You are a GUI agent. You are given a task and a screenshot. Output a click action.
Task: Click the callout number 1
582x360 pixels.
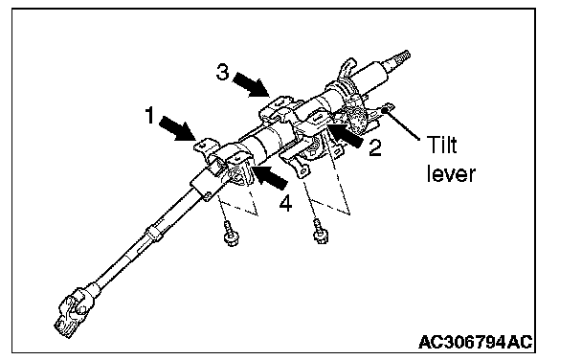149,115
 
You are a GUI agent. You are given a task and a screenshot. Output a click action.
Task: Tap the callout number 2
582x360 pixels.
375,147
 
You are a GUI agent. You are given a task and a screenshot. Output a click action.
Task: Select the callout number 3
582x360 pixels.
222,72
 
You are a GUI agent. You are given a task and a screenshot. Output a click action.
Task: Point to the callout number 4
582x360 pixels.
285,203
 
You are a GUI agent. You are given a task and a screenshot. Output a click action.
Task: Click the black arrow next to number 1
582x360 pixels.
177,128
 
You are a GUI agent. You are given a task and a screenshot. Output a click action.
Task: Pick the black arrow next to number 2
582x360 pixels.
346,135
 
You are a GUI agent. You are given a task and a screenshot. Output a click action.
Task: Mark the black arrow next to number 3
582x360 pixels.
252,84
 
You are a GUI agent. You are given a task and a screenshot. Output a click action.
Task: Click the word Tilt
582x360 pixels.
441,145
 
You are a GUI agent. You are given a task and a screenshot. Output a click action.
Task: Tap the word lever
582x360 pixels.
451,173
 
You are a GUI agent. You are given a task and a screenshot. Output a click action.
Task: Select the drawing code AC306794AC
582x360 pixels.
475,342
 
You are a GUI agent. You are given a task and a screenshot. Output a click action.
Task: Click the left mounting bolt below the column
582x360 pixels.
231,234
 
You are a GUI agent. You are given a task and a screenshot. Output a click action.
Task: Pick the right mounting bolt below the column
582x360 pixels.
320,232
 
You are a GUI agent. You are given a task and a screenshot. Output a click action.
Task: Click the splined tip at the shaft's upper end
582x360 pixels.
402,56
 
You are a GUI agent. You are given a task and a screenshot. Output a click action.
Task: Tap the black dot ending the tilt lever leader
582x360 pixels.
385,109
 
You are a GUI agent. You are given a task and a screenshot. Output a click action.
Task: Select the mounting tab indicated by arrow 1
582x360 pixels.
205,146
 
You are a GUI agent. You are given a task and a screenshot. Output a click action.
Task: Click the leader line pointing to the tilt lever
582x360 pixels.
402,124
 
